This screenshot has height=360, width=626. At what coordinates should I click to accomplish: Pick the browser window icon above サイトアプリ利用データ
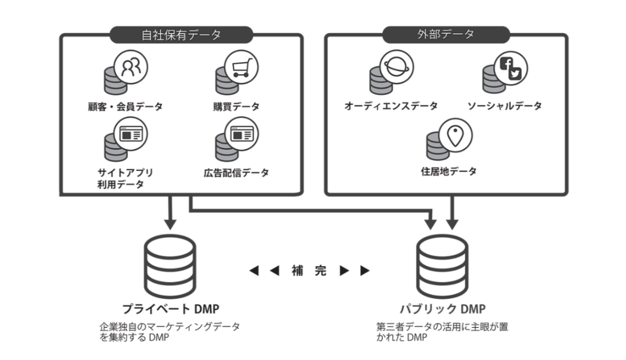[131, 134]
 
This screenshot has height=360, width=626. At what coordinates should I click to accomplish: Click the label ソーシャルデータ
[505, 106]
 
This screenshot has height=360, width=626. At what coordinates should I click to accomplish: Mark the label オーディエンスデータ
[390, 106]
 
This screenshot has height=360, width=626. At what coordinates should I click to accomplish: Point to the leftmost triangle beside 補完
[255, 271]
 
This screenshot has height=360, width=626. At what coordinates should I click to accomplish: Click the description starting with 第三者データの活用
[442, 332]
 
